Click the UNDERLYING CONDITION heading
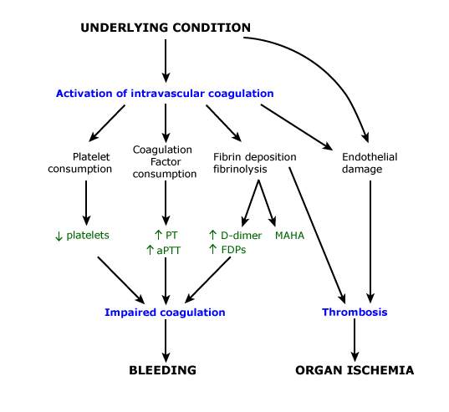click(166, 28)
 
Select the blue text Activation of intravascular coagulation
click(165, 94)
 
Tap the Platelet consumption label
click(80, 163)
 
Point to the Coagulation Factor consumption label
click(165, 161)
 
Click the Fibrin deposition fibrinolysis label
click(254, 163)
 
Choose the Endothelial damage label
click(370, 163)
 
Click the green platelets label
click(88, 235)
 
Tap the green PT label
click(171, 235)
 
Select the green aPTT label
click(168, 251)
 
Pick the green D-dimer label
click(241, 235)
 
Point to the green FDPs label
click(233, 250)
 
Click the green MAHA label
click(289, 236)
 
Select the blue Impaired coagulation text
click(165, 313)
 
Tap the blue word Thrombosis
click(355, 312)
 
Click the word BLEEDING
click(163, 370)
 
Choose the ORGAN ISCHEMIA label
click(355, 370)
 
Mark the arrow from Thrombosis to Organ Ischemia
click(355, 340)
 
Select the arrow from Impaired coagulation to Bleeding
click(166, 340)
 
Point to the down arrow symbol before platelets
click(59, 237)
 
